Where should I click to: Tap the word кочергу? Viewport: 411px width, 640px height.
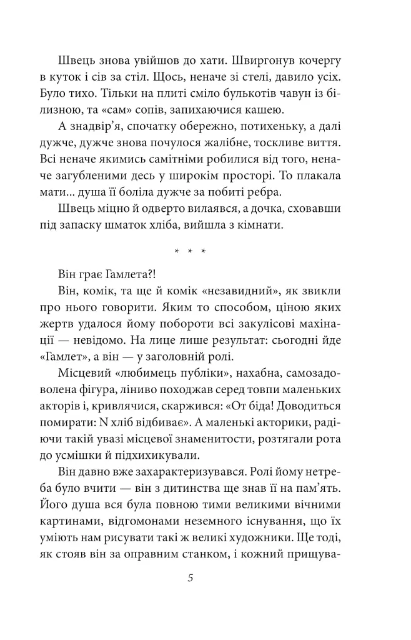(334, 62)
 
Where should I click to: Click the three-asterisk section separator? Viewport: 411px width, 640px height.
(190, 252)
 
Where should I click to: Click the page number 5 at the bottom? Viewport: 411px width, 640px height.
(190, 578)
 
